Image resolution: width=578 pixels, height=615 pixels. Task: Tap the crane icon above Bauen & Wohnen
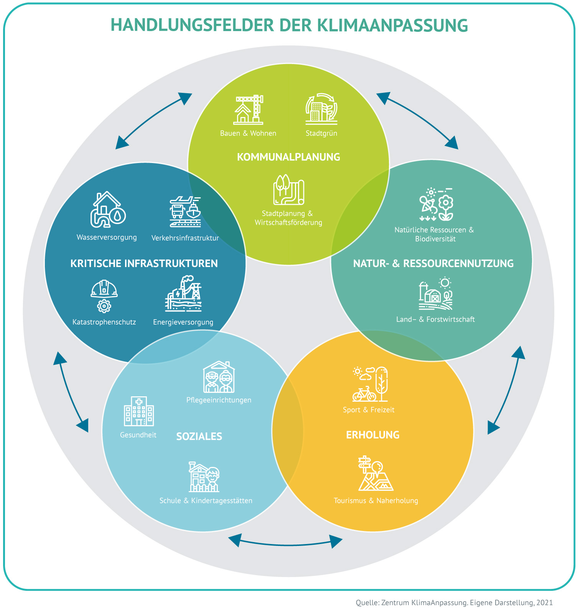point(249,110)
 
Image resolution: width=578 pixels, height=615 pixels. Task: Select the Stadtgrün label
point(321,134)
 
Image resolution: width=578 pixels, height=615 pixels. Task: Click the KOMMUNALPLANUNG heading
point(288,157)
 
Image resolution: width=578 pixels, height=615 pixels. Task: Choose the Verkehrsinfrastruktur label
point(185,238)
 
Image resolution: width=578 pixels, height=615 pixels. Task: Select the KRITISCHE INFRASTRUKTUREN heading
point(144,264)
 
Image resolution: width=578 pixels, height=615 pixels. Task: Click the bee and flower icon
point(436,204)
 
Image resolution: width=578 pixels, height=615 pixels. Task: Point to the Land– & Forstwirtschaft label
point(435,319)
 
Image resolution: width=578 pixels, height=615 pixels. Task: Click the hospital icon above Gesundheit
point(139,411)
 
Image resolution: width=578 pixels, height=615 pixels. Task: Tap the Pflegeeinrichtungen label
point(219,400)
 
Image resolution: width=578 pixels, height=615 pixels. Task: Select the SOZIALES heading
point(199,437)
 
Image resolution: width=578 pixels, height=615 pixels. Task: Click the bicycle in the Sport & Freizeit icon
point(364,394)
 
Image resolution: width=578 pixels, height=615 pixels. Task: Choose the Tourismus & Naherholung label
point(376,501)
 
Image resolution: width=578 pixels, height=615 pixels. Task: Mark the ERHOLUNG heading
point(373,435)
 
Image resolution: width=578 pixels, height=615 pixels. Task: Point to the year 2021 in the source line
point(544,603)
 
